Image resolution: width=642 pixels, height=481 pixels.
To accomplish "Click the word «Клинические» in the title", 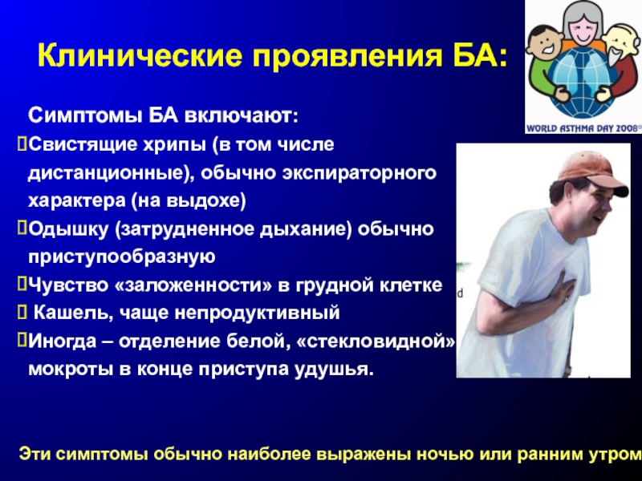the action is pyautogui.click(x=140, y=55).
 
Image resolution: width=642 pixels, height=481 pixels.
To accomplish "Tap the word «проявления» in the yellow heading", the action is pyautogui.click(x=347, y=56).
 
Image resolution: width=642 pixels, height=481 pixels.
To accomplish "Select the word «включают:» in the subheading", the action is pyautogui.click(x=242, y=115).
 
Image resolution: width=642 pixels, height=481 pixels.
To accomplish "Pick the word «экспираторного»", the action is pyautogui.click(x=359, y=173).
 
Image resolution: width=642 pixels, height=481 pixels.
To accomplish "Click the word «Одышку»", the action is pyautogui.click(x=69, y=229).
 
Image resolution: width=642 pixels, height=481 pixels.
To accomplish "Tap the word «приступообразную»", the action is pyautogui.click(x=122, y=257).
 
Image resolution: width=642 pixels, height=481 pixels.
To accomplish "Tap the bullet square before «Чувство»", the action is pyautogui.click(x=22, y=285).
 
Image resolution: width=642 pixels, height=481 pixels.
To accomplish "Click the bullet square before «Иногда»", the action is pyautogui.click(x=22, y=340).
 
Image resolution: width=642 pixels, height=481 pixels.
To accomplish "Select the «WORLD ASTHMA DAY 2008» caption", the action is pyautogui.click(x=583, y=128).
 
